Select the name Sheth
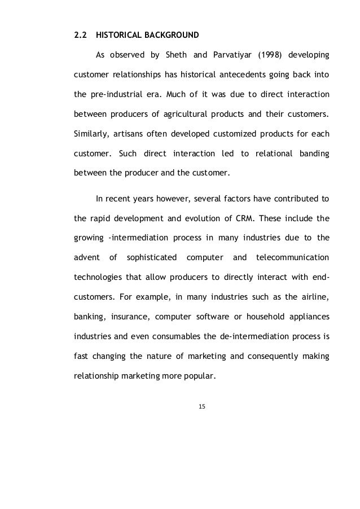coord(175,55)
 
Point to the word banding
coord(313,153)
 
